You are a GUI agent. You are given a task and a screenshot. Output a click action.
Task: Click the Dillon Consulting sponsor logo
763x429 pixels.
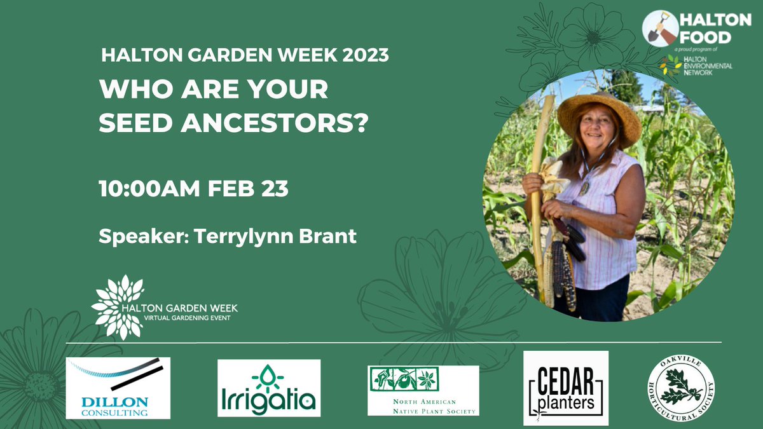[118, 388]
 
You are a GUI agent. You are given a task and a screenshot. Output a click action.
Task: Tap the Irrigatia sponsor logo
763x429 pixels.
[269, 388]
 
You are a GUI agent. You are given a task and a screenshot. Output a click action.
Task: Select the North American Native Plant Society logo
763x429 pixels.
[423, 390]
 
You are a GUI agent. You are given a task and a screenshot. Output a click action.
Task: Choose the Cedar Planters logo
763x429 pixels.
[565, 388]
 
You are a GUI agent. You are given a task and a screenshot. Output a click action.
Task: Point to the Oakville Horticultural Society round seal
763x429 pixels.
[680, 388]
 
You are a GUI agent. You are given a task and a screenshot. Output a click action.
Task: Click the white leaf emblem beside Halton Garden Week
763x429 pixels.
[118, 307]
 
